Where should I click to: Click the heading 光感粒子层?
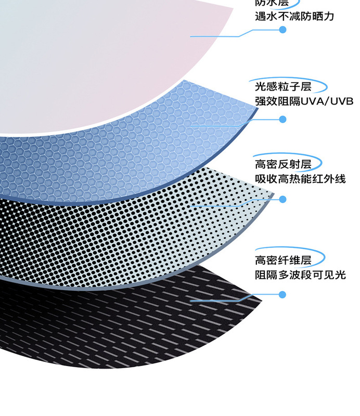click(x=283, y=86)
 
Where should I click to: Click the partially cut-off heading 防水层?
click(x=271, y=3)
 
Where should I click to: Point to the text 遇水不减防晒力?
click(x=294, y=16)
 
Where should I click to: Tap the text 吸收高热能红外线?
click(x=300, y=179)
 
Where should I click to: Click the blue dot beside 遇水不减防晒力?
click(x=283, y=30)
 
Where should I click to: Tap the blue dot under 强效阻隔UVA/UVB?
click(x=283, y=119)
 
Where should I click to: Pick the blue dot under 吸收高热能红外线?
click(x=283, y=199)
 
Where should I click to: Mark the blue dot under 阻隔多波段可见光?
click(x=283, y=295)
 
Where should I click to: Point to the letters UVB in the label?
click(x=341, y=101)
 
